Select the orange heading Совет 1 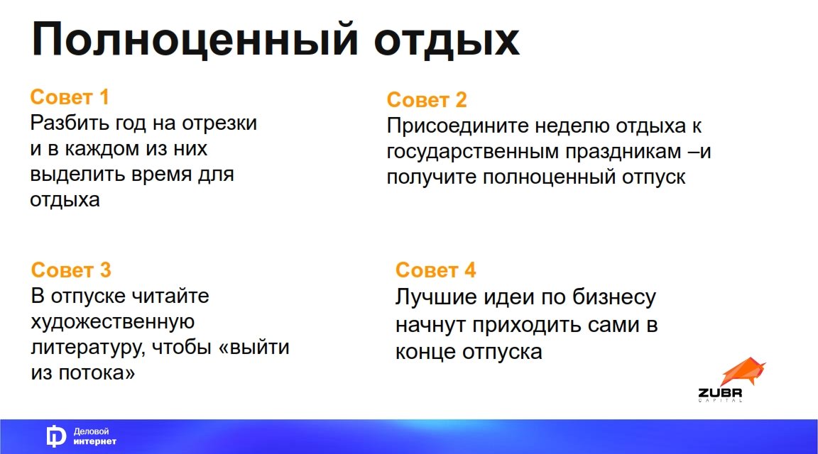click(70, 97)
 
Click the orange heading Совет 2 click(427, 99)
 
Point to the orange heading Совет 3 click(71, 270)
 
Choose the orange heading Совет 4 click(435, 270)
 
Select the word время click(160, 175)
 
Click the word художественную click(113, 321)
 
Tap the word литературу click(88, 348)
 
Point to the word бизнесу click(614, 297)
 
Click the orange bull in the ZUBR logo click(743, 372)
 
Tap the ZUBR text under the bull click(720, 392)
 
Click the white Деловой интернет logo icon click(55, 436)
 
